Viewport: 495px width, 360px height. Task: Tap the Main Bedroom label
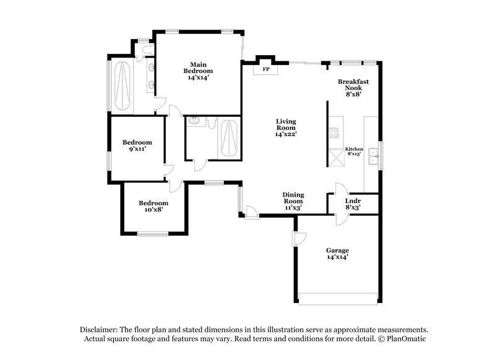[x=198, y=71]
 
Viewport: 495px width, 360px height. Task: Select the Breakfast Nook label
[x=353, y=88]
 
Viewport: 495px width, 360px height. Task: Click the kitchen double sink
[x=373, y=157]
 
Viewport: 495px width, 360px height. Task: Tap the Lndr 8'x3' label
[x=353, y=204]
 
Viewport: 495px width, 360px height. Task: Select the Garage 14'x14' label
[x=337, y=253]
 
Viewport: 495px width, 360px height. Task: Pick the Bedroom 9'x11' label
[x=137, y=145]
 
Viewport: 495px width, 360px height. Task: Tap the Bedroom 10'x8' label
[x=153, y=206]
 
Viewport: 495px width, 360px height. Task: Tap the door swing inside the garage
[x=299, y=239]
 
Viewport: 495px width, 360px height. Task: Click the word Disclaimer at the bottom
[x=100, y=330]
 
